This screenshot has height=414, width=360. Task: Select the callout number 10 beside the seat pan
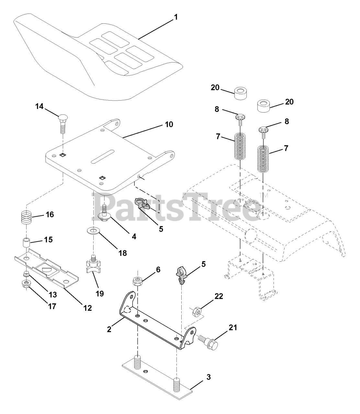click(169, 124)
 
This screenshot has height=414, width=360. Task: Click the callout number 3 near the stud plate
click(208, 377)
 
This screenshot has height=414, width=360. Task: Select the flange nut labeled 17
click(25, 284)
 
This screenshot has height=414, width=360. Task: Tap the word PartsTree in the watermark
click(176, 206)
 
